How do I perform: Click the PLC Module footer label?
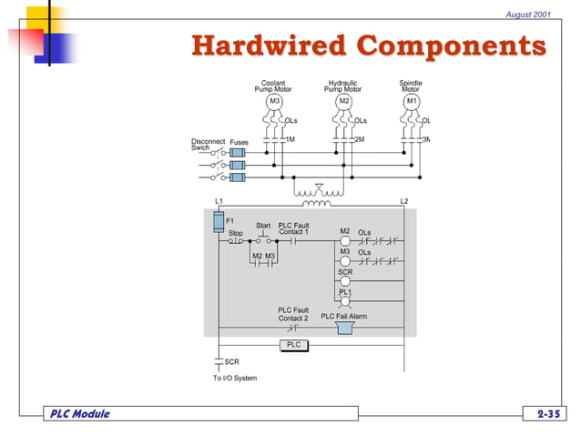tap(79, 414)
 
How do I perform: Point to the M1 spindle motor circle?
tap(412, 101)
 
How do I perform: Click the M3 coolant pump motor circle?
tap(274, 101)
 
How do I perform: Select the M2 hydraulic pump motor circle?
tap(343, 101)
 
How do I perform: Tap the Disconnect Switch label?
tap(207, 144)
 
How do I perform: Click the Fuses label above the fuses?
tap(239, 142)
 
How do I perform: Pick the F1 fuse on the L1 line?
tap(219, 221)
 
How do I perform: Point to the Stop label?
tap(235, 233)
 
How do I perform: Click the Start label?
tap(263, 225)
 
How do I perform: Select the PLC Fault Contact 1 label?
tap(293, 228)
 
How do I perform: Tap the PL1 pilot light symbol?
tap(345, 301)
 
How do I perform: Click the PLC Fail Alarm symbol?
tap(345, 327)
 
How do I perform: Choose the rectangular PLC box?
tap(293, 345)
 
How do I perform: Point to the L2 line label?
tap(404, 200)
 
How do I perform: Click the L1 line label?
tap(219, 200)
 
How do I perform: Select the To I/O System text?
tap(235, 378)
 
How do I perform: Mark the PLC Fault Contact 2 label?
tap(293, 314)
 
